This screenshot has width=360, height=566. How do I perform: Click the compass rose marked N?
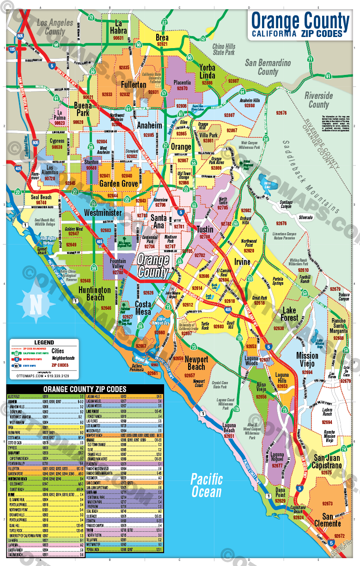(x=36, y=303)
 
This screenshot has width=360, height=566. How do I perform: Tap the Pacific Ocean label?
(x=207, y=485)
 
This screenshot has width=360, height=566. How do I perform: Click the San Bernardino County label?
(x=268, y=67)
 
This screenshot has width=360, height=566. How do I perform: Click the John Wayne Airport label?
(x=173, y=295)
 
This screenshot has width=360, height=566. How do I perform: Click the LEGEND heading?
(x=40, y=343)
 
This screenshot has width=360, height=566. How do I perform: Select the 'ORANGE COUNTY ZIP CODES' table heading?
(x=85, y=389)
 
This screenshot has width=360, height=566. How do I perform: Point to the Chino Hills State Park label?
(x=224, y=49)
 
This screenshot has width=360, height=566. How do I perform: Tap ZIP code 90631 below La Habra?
(x=119, y=38)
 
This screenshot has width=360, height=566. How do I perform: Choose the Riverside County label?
(x=318, y=100)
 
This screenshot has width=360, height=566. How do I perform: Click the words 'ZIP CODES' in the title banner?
(x=322, y=33)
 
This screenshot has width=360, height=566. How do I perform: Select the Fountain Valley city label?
(x=117, y=265)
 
